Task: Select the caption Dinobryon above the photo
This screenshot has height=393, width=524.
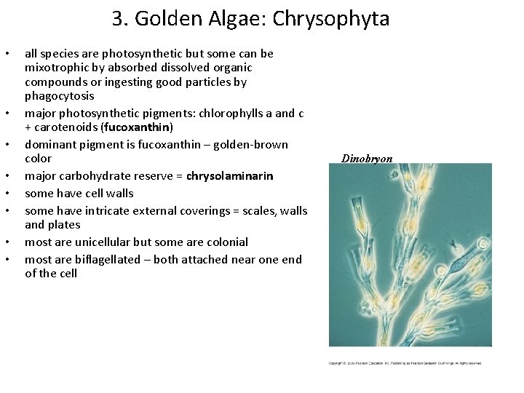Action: coord(367,159)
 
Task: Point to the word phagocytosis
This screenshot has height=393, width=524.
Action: coord(60,96)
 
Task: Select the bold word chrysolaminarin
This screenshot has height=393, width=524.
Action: coord(230,176)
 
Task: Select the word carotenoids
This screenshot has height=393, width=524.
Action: coord(64,127)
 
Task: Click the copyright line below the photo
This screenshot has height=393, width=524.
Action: coord(405,363)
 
